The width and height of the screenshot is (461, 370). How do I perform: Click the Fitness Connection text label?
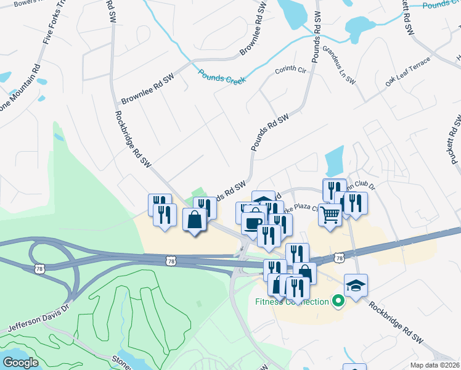click(x=292, y=302)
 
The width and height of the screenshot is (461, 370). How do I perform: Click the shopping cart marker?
click(x=330, y=216)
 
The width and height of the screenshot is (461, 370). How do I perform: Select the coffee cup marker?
click(x=253, y=222)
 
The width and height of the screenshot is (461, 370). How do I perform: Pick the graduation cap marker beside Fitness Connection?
click(x=356, y=286)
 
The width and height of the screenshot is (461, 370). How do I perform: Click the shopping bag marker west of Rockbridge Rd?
click(x=195, y=220)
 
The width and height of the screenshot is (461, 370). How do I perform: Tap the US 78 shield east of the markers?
click(x=339, y=257)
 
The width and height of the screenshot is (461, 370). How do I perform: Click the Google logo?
click(x=20, y=363)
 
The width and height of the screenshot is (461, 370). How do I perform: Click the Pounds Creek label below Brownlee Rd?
click(x=222, y=76)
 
